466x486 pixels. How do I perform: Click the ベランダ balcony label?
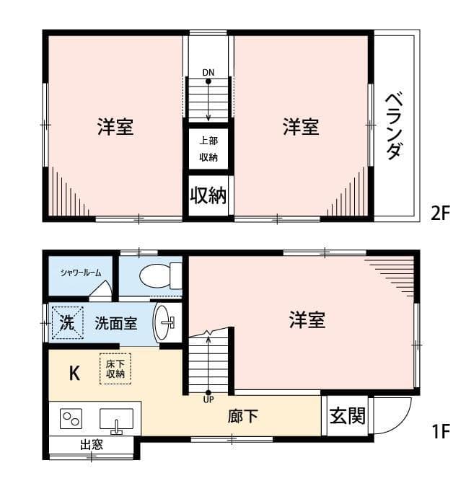coord(394,125)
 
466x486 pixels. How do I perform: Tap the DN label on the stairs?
coord(208,72)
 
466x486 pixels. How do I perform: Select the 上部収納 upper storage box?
coord(208,149)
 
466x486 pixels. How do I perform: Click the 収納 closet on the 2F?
coord(208,195)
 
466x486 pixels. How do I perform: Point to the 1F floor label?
coord(440,432)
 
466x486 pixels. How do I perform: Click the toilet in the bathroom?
coord(159,275)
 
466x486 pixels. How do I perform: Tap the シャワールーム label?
coord(80,272)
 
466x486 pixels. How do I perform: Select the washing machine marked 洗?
coord(66,323)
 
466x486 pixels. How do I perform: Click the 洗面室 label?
coord(116,323)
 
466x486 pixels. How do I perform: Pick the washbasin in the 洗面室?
coord(166,322)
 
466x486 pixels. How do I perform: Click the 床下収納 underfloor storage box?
coord(115,368)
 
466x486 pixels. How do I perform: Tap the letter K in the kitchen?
coord(74,373)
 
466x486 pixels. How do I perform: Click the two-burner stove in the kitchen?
coord(71,418)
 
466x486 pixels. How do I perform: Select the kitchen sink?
coord(116,419)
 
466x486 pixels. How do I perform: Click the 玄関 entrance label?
coord(348,416)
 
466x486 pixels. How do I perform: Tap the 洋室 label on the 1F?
coord(307,320)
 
